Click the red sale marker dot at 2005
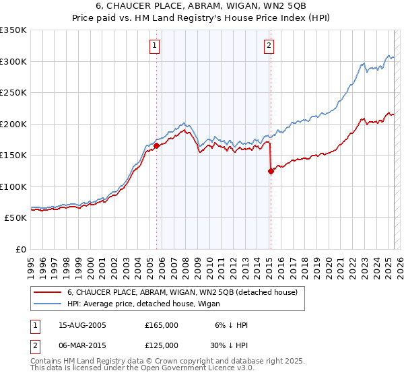(156, 145)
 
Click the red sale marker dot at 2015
(271, 171)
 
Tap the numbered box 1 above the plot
(155, 46)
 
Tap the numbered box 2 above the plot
(269, 46)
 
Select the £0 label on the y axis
(20, 249)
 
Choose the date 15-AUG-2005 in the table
(82, 325)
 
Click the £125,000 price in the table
(162, 345)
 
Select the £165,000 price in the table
(162, 325)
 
